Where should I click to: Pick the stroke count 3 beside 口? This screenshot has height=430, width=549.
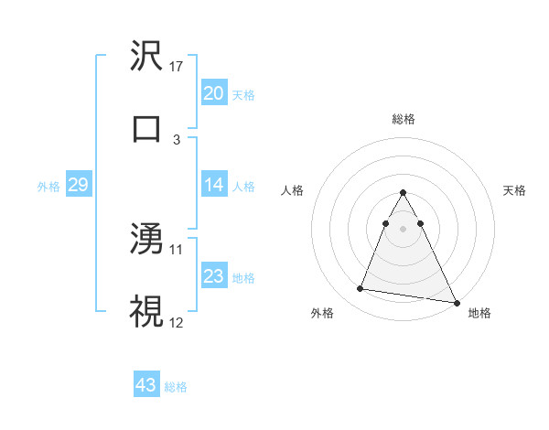177,139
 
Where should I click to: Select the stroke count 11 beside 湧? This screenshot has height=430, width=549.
178,249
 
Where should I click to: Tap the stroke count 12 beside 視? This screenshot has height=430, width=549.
178,321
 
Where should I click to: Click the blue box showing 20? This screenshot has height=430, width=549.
213,93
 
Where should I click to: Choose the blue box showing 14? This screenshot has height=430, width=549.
213,185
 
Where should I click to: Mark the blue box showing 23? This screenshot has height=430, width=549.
213,276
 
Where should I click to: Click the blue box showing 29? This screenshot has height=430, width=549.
78,185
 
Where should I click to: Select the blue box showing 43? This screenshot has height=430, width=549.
146,385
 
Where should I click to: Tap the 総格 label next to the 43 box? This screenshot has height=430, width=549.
176,387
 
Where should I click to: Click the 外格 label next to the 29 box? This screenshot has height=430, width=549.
48,187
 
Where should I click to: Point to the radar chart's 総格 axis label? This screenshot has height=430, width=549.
403,119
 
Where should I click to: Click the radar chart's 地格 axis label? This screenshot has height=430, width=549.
479,314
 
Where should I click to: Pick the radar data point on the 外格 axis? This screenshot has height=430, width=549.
361,289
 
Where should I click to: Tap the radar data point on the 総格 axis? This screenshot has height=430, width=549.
403,192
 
